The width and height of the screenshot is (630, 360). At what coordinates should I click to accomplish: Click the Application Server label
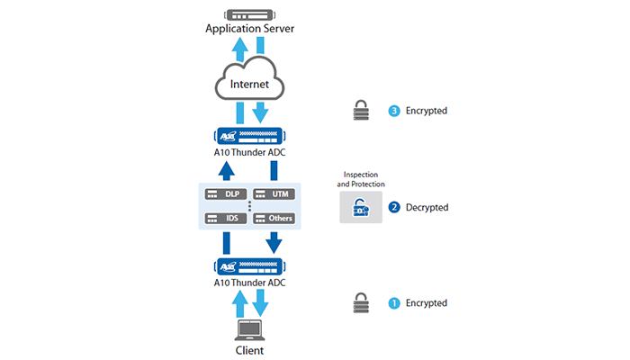point(249,29)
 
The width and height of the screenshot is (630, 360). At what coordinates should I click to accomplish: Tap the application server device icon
point(249,13)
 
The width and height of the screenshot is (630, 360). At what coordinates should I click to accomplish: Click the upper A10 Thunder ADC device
point(249,137)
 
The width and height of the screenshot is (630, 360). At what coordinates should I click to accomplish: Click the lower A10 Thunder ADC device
point(249,266)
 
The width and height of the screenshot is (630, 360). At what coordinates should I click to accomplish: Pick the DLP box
point(225,193)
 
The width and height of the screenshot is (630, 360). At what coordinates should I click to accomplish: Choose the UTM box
point(274,193)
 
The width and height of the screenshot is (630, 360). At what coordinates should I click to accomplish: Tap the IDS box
point(225,218)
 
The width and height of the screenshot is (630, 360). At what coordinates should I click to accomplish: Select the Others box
point(274,218)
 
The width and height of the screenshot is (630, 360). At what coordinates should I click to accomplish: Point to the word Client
point(249,350)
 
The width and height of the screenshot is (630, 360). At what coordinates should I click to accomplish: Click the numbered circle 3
point(393,111)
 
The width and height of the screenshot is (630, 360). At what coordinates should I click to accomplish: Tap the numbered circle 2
point(393,207)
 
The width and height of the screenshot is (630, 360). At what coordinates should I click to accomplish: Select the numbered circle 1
point(393,303)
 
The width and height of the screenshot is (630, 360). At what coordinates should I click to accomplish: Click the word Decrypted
point(427,207)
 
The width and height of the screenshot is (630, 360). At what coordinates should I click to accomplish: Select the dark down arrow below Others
point(274,242)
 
